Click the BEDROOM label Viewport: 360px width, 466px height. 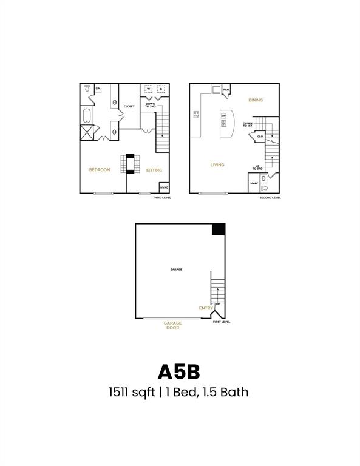100,170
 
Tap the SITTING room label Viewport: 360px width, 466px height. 154,171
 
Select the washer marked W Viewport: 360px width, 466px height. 148,89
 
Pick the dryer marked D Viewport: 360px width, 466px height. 161,89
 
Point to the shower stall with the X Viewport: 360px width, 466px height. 87,132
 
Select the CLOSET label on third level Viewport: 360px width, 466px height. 129,107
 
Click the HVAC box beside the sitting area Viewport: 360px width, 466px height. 163,187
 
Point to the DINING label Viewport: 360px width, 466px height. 255,100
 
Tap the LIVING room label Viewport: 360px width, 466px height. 217,164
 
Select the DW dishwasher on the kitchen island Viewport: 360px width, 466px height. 224,116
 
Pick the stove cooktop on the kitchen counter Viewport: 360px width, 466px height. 196,115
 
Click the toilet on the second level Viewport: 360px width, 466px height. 264,188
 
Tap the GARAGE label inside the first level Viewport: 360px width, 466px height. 176,269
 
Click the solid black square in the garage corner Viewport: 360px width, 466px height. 219,229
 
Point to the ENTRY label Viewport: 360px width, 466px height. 206,308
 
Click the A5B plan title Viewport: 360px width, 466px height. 180,371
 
